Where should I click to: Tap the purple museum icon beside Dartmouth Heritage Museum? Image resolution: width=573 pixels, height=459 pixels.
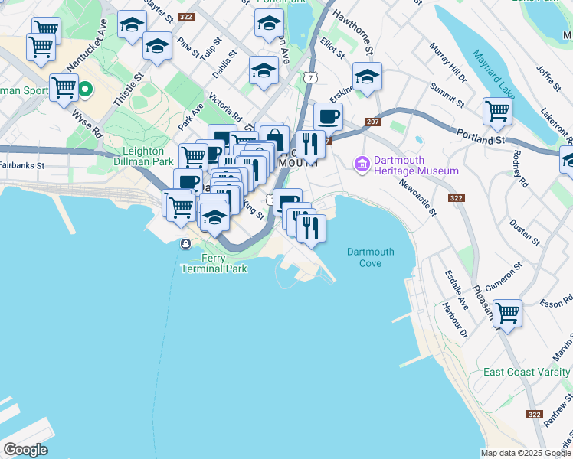tap(362, 162)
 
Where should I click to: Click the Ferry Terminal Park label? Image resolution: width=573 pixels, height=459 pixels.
tap(214, 264)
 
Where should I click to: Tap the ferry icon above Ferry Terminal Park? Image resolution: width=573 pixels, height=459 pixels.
tap(185, 244)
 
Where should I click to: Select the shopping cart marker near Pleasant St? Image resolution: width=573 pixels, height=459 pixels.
tap(507, 314)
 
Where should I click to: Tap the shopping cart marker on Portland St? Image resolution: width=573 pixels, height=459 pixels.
tap(497, 111)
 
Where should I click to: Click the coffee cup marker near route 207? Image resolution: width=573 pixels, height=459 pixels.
tap(328, 117)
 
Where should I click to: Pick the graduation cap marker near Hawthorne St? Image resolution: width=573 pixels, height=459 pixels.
tap(367, 76)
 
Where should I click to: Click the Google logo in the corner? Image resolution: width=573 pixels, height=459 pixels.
tap(25, 450)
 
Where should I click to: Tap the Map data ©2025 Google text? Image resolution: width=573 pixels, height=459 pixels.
tap(526, 453)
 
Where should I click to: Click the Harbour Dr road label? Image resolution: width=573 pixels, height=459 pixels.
tap(453, 321)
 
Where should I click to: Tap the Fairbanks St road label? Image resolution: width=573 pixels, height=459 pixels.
tap(22, 164)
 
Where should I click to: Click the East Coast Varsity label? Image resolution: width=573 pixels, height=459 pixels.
tap(528, 373)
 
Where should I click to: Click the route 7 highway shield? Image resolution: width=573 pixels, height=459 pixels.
tap(309, 78)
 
